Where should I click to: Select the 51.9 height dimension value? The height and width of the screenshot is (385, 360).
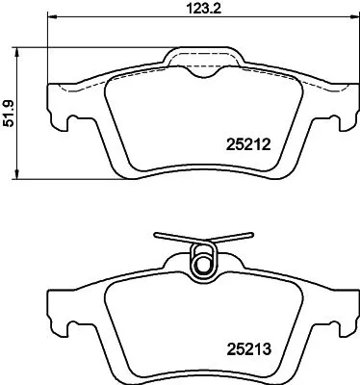[9, 113]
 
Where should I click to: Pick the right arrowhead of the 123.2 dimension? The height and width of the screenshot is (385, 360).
[347, 17]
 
